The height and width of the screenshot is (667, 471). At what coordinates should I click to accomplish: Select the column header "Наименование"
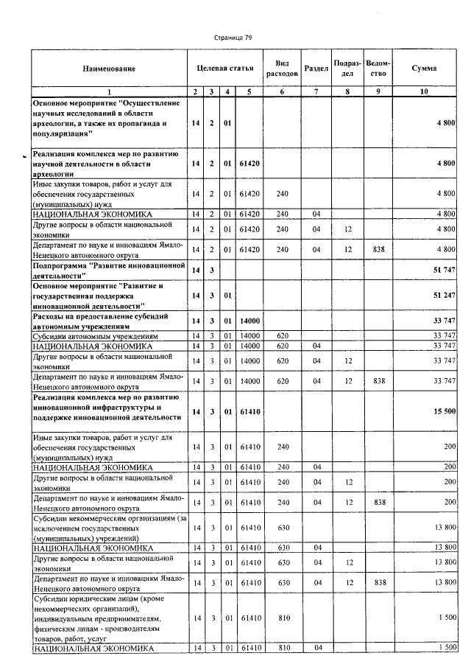[x=109, y=69]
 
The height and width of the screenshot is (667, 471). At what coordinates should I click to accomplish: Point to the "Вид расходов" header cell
[x=280, y=69]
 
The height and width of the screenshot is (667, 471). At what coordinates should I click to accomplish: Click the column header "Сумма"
[x=424, y=68]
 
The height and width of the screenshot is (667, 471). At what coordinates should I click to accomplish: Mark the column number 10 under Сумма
[x=424, y=91]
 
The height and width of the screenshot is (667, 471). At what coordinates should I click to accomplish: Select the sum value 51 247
[x=445, y=296]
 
